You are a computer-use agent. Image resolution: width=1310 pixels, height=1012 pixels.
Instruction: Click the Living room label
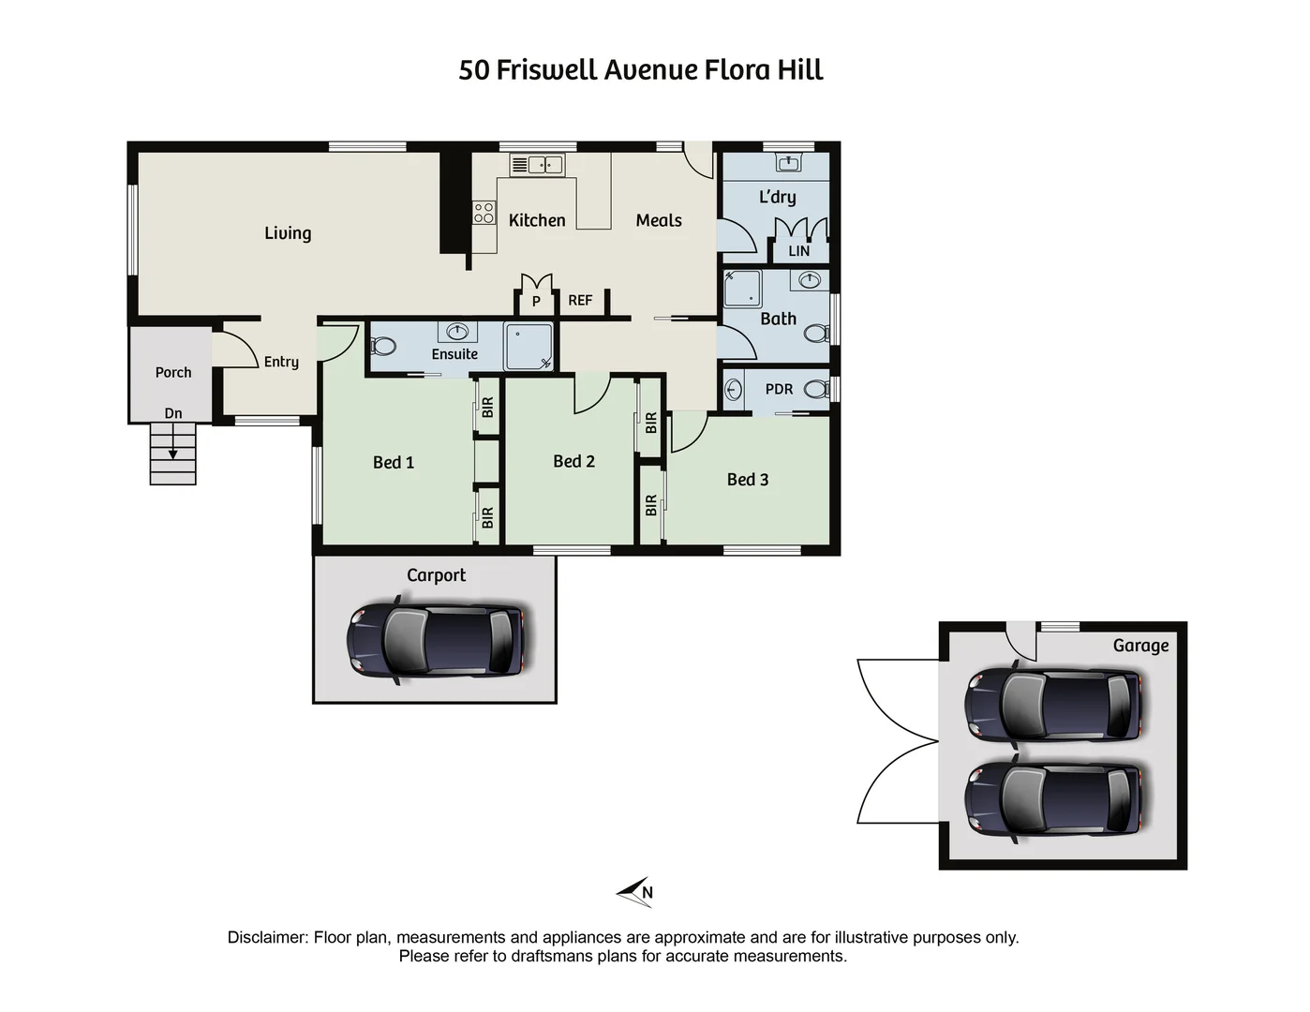pos(287,233)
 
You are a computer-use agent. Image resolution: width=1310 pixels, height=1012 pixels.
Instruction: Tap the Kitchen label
pos(536,220)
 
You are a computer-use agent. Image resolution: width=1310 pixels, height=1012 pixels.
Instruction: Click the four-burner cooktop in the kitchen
pos(484,213)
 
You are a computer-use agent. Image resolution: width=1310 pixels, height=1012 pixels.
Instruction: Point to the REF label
pos(580,301)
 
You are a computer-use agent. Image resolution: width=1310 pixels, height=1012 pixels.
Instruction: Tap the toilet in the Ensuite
pos(383,346)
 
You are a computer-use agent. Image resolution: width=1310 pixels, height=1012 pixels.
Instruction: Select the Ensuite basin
pos(457,332)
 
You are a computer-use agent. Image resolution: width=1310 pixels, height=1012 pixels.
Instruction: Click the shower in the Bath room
pos(742,290)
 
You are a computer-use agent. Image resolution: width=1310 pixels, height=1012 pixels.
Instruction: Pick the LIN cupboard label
pos(798,251)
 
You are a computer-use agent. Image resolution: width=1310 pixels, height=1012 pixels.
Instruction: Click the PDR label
pos(779,389)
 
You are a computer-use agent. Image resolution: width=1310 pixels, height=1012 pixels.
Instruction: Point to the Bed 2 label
pos(573,461)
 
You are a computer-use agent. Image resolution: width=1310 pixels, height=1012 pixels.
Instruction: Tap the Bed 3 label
pos(747,480)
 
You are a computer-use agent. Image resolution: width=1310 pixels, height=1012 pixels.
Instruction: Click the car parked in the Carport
pos(436,641)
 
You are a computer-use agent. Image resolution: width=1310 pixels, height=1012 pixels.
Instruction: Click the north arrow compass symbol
pos(635,892)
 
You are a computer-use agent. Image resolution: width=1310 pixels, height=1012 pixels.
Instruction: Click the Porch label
pos(173,372)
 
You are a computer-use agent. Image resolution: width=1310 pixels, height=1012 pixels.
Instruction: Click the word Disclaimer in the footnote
pos(267,937)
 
